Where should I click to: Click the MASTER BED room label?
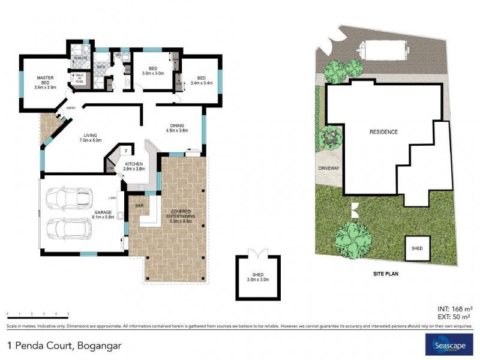tap(46, 82)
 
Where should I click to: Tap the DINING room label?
tap(176, 127)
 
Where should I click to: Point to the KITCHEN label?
tap(134, 166)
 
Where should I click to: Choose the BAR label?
tap(139, 205)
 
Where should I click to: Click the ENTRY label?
tap(71, 108)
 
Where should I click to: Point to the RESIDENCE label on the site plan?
tap(383, 132)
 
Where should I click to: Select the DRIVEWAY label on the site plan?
tap(329, 169)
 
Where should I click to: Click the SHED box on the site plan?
tap(416, 248)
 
